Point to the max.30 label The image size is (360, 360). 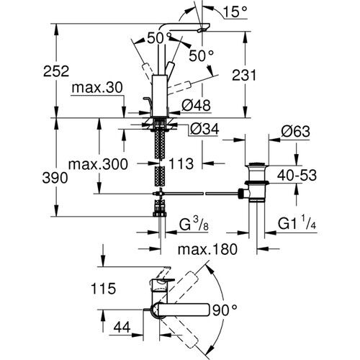click(x=95, y=87)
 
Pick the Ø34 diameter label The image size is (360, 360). click(x=204, y=130)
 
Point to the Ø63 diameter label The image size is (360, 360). click(x=294, y=131)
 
